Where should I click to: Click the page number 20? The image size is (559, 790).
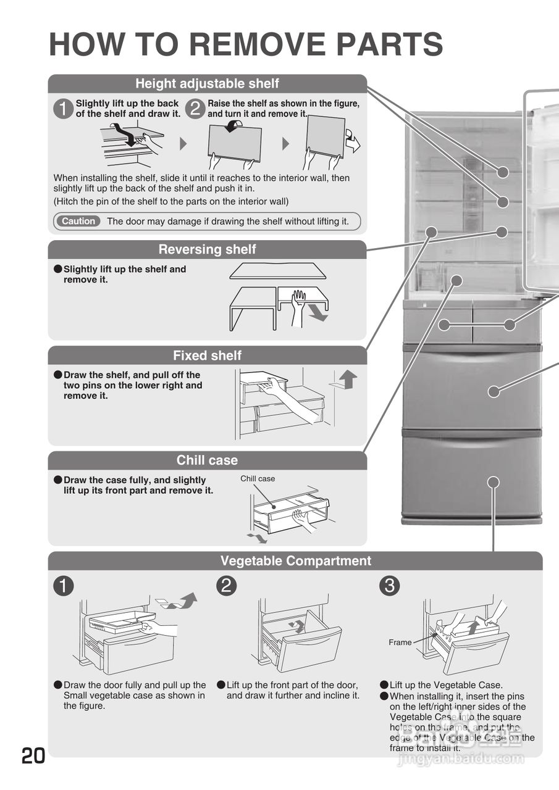(x=33, y=755)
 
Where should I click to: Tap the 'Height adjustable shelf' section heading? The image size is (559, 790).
(x=207, y=83)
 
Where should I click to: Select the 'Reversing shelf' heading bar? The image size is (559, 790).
(x=207, y=249)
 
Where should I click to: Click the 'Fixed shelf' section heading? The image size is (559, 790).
(x=207, y=355)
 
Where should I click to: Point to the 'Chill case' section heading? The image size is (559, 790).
(x=207, y=460)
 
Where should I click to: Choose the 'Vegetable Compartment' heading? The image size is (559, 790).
(x=295, y=561)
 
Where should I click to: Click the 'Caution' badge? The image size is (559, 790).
(x=78, y=221)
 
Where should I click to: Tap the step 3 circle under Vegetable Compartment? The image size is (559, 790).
(x=389, y=586)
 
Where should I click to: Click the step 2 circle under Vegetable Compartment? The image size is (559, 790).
(x=226, y=586)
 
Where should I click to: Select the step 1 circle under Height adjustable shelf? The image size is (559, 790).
(x=63, y=109)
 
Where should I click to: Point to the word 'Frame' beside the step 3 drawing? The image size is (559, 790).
(x=400, y=642)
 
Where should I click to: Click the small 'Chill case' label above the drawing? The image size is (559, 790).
(x=258, y=479)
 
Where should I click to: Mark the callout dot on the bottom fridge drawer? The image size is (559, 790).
(x=493, y=482)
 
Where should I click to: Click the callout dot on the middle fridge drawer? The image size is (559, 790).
(x=493, y=391)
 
